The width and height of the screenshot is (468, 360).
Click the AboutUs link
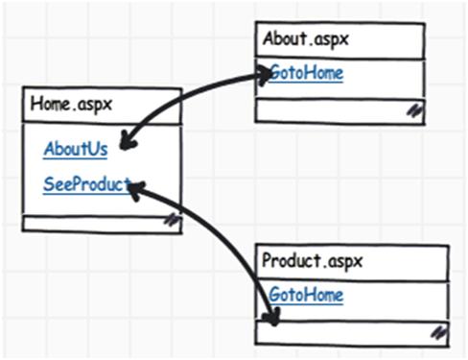point(75,150)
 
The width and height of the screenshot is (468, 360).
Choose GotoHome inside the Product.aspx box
point(305,295)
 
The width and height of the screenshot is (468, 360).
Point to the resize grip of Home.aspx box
point(171,221)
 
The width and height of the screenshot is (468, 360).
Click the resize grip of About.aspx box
point(414,110)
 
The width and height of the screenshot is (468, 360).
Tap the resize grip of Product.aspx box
point(438,332)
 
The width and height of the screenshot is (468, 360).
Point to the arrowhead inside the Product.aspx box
point(271,317)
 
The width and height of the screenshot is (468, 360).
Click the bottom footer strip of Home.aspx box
point(96,222)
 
